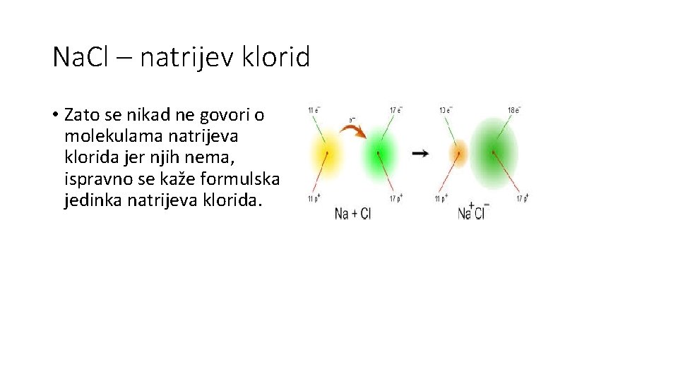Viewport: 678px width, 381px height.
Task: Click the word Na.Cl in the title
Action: click(x=80, y=56)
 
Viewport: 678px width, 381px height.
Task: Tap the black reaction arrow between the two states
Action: click(x=420, y=153)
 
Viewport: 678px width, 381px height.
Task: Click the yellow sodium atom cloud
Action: click(x=326, y=153)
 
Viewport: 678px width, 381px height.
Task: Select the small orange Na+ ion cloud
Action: click(x=458, y=152)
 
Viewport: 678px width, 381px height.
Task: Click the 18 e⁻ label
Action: click(x=514, y=110)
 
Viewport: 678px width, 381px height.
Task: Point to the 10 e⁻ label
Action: click(x=446, y=110)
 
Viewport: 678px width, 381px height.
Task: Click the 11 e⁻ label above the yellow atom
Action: click(x=314, y=110)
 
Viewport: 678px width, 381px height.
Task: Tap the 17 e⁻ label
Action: click(x=397, y=110)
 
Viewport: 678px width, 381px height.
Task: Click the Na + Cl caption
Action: click(x=352, y=213)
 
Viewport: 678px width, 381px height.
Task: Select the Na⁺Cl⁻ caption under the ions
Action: click(x=473, y=212)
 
